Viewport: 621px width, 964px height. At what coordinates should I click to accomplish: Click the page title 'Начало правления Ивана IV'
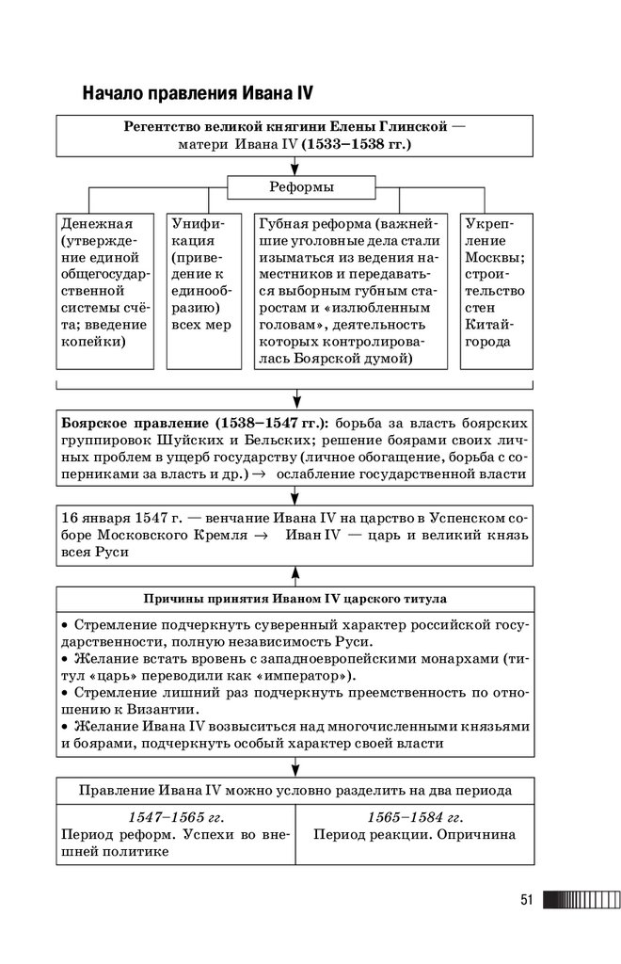pos(197,93)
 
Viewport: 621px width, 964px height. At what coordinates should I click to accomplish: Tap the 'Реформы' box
pos(295,187)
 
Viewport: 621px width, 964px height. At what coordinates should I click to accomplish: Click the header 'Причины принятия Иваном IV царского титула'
pos(295,598)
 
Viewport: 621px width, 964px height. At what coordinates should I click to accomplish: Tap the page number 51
pos(527,900)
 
